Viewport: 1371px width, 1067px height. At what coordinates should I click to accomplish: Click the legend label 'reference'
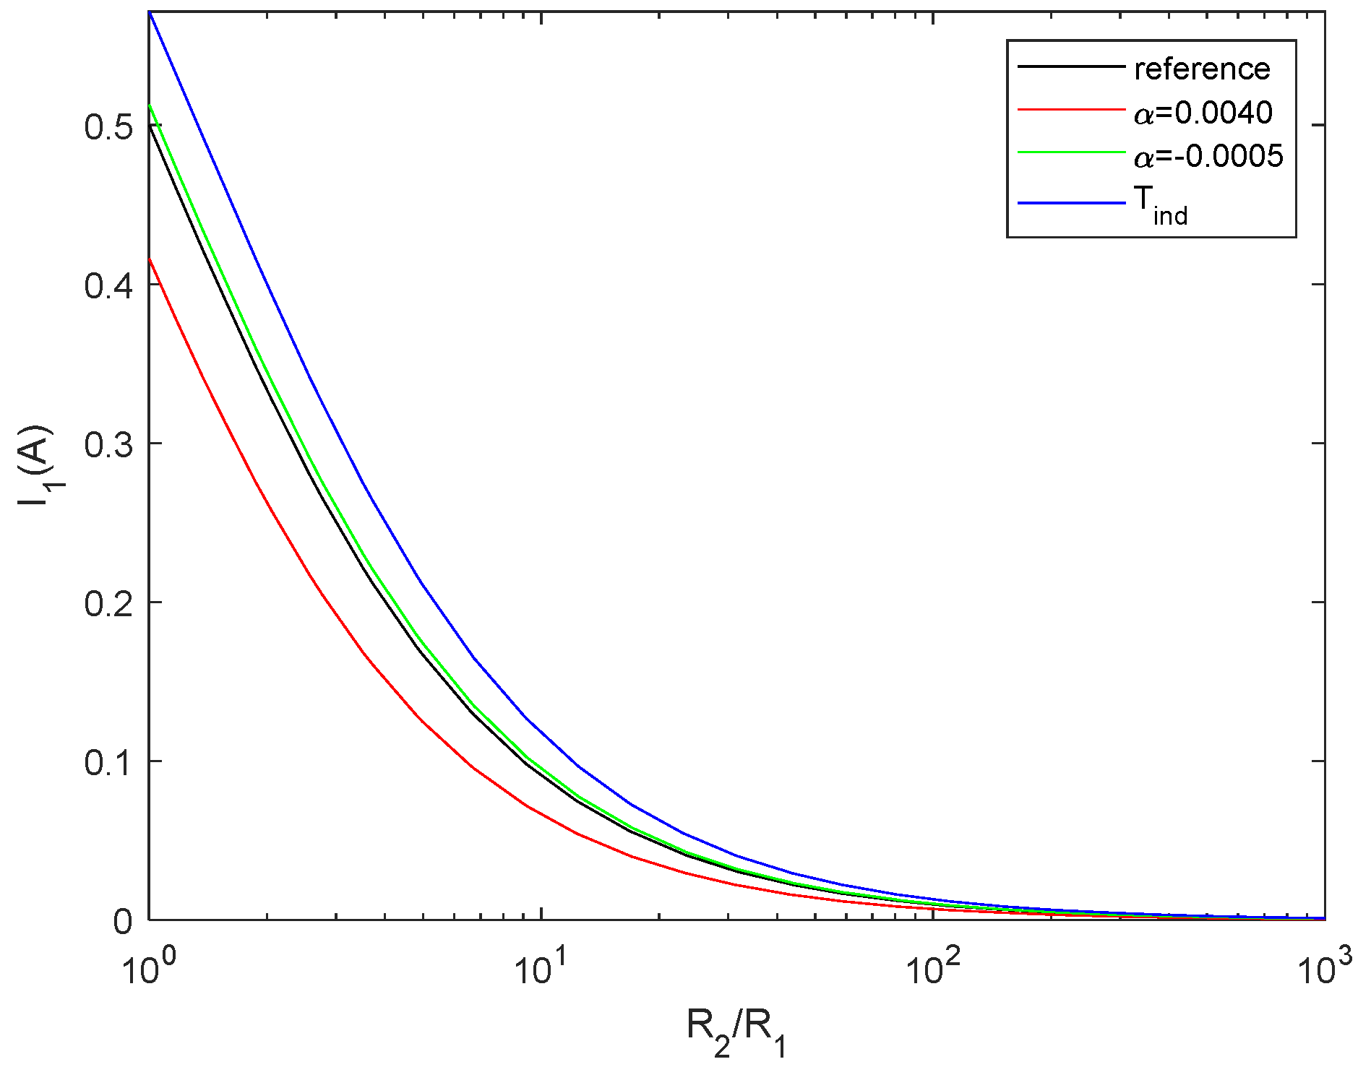click(1202, 69)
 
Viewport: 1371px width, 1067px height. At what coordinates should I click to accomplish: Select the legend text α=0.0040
click(1203, 113)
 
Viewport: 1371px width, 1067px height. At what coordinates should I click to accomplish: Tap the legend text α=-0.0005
click(1208, 156)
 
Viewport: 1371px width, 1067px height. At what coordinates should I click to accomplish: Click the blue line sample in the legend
click(1072, 203)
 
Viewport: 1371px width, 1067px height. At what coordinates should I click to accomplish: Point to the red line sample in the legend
click(1072, 110)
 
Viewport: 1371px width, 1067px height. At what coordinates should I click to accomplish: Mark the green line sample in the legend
click(1072, 153)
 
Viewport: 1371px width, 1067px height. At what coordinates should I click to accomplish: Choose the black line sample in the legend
click(1072, 66)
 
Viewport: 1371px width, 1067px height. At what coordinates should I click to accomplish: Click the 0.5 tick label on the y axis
click(108, 127)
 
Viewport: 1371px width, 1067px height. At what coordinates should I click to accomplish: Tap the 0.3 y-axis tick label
click(108, 444)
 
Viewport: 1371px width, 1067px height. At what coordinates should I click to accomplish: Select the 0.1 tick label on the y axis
click(108, 762)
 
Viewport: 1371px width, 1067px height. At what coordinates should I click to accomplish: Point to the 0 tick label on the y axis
click(123, 922)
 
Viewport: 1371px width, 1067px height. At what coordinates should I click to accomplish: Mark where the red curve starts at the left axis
click(150, 259)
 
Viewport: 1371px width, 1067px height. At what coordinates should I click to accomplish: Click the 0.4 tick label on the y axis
click(108, 285)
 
